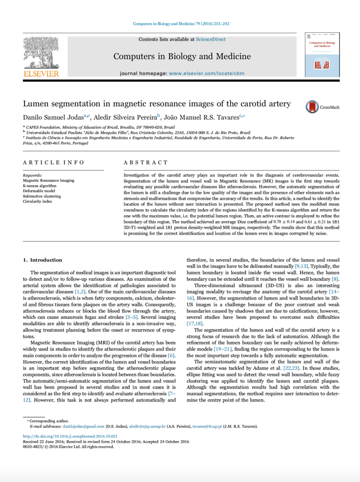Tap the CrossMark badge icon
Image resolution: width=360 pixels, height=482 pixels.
pos(313,107)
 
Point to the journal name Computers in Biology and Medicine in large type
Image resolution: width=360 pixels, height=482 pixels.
pos(182,56)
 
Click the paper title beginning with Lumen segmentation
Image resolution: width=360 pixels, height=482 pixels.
pos(157,104)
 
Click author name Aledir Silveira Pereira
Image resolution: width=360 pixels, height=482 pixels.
pos(128,117)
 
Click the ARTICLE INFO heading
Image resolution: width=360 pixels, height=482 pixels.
pos(54,162)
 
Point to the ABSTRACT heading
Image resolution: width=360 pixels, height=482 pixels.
pos(145,162)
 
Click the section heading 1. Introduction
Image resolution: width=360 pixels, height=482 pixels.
pos(42,260)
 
